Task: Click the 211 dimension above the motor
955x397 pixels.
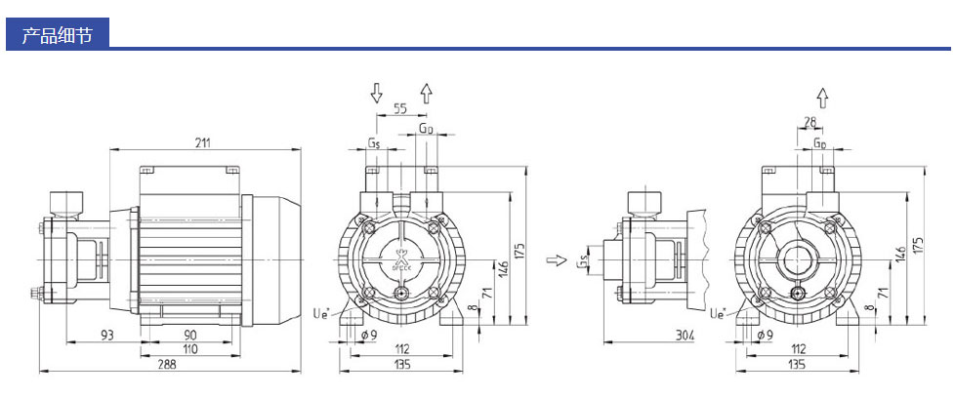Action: click(202, 142)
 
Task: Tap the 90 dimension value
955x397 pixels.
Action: click(190, 336)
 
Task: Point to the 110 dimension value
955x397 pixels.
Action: click(190, 348)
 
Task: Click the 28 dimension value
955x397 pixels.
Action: click(809, 121)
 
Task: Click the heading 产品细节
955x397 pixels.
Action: click(57, 37)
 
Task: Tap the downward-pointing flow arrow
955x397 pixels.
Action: click(376, 94)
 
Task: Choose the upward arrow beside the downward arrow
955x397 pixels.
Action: click(426, 94)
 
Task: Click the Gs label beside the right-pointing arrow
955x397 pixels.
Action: click(582, 261)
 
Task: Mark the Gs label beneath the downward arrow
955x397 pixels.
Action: click(375, 142)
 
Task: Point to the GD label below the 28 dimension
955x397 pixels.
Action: click(820, 142)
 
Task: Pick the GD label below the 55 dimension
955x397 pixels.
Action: click(426, 129)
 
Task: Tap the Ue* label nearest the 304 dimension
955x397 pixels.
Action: click(718, 313)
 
